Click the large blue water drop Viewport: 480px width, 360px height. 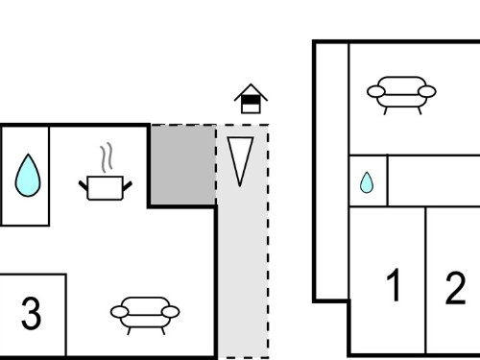[x=28, y=176]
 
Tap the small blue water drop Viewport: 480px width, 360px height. [x=367, y=183]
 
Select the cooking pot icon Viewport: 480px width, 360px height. [x=106, y=188]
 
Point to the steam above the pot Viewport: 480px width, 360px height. [x=107, y=156]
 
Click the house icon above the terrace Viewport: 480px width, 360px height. [x=251, y=99]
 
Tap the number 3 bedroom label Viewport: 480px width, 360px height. [x=31, y=313]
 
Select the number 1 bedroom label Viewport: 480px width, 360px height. [x=394, y=284]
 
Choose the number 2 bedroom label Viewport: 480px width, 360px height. [x=455, y=288]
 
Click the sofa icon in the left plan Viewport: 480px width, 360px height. [x=145, y=315]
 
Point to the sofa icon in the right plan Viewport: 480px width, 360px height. [x=401, y=95]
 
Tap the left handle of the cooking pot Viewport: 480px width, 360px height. [x=83, y=185]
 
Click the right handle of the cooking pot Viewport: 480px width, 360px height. [x=128, y=186]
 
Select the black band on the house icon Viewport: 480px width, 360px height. [x=251, y=100]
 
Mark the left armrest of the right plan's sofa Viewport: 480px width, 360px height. [x=376, y=91]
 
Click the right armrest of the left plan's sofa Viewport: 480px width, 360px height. [x=171, y=312]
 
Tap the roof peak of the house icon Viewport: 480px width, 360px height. [x=251, y=84]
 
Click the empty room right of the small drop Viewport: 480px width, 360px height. [x=434, y=180]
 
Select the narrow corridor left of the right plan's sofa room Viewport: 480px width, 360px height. [x=333, y=172]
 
